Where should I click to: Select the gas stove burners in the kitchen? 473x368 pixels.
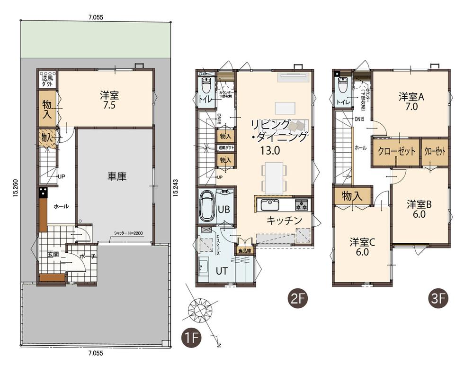302,205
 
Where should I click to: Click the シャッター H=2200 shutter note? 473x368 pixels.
128,233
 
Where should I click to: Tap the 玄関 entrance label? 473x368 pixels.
53,255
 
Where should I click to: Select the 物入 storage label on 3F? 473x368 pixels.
352,196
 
